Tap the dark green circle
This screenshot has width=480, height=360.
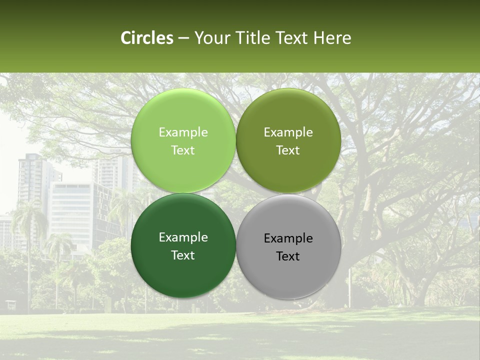click(x=183, y=270)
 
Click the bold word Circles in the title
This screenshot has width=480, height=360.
click(x=147, y=38)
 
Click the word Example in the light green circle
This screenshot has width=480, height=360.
click(x=183, y=132)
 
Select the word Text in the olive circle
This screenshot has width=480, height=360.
click(x=288, y=150)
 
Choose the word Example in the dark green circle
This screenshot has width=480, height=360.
click(x=183, y=237)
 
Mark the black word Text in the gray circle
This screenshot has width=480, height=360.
click(x=288, y=256)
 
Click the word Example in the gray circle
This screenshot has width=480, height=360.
click(x=288, y=238)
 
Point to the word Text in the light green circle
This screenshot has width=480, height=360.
click(x=183, y=150)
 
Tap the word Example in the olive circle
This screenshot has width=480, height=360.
click(x=288, y=132)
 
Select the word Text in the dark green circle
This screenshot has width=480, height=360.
click(x=183, y=255)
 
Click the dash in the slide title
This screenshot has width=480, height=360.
click(x=183, y=38)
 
